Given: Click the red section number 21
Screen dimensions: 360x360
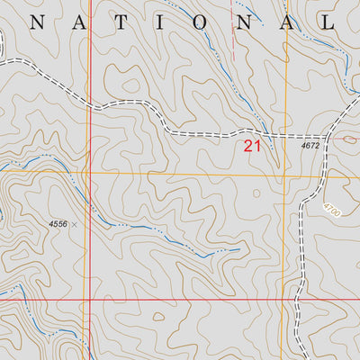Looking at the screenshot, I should pyautogui.click(x=252, y=145).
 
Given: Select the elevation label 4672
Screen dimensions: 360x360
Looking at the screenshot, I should pyautogui.click(x=310, y=145).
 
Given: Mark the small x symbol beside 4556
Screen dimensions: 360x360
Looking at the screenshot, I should pyautogui.click(x=74, y=223).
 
